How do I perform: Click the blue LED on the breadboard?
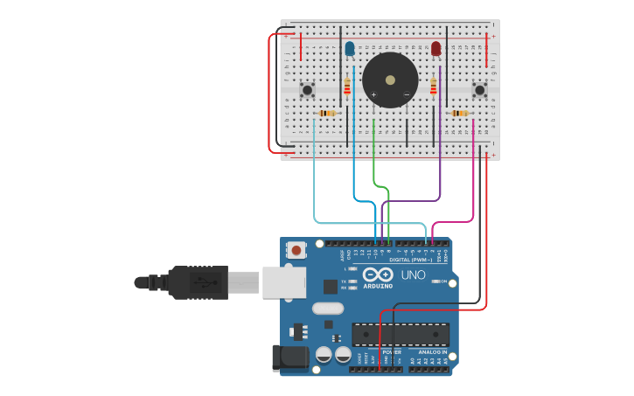coord(350,48)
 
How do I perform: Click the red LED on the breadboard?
coord(435,48)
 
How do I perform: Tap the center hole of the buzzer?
coord(390,80)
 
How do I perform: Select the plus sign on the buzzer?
coord(373,94)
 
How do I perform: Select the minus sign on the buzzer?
coord(406,94)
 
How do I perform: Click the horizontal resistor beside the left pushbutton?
coord(327,113)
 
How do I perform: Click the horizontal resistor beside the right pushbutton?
coord(459,113)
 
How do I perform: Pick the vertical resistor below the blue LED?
coord(347,86)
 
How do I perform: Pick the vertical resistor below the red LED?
coord(433,86)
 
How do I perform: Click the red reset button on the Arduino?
coord(296,250)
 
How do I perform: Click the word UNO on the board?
coord(413,275)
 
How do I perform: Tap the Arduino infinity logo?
coord(378,275)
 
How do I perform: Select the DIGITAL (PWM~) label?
coord(411,260)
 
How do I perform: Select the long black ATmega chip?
coord(401,334)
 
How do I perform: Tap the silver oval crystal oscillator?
coord(327,308)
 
